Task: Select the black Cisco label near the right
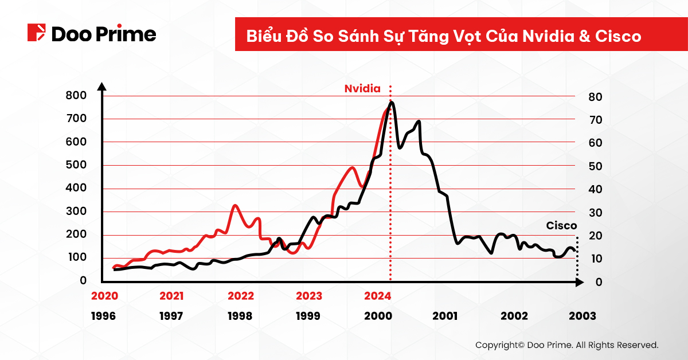pos(561,226)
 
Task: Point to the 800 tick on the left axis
pos(76,96)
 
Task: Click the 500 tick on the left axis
pos(76,165)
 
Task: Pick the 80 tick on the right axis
pos(594,97)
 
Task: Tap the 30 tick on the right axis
pos(594,213)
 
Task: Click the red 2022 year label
pos(240,296)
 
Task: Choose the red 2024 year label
pos(377,296)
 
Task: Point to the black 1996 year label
pos(103,316)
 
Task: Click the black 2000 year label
pos(377,316)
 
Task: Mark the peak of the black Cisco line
pos(392,103)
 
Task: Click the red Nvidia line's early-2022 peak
pos(235,205)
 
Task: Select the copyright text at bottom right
pos(566,345)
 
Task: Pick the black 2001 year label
pos(445,316)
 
